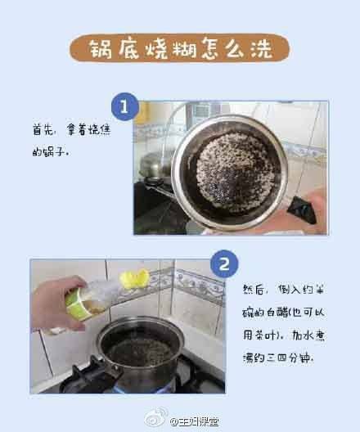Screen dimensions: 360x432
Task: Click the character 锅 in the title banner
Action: tap(101, 49)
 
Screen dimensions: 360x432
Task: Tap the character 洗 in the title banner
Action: tap(262, 49)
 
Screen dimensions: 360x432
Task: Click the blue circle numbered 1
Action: tap(125, 106)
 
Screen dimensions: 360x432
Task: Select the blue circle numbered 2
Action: tap(224, 264)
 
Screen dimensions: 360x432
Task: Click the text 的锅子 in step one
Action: tap(50, 152)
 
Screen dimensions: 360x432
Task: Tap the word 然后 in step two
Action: tap(253, 290)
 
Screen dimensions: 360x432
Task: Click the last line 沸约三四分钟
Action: tap(278, 358)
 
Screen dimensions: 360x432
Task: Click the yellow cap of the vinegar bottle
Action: tap(135, 279)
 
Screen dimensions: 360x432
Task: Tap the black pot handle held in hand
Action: tap(301, 210)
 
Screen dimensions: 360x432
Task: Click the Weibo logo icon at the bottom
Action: tap(156, 418)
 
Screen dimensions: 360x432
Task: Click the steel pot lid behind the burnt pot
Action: tap(155, 164)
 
